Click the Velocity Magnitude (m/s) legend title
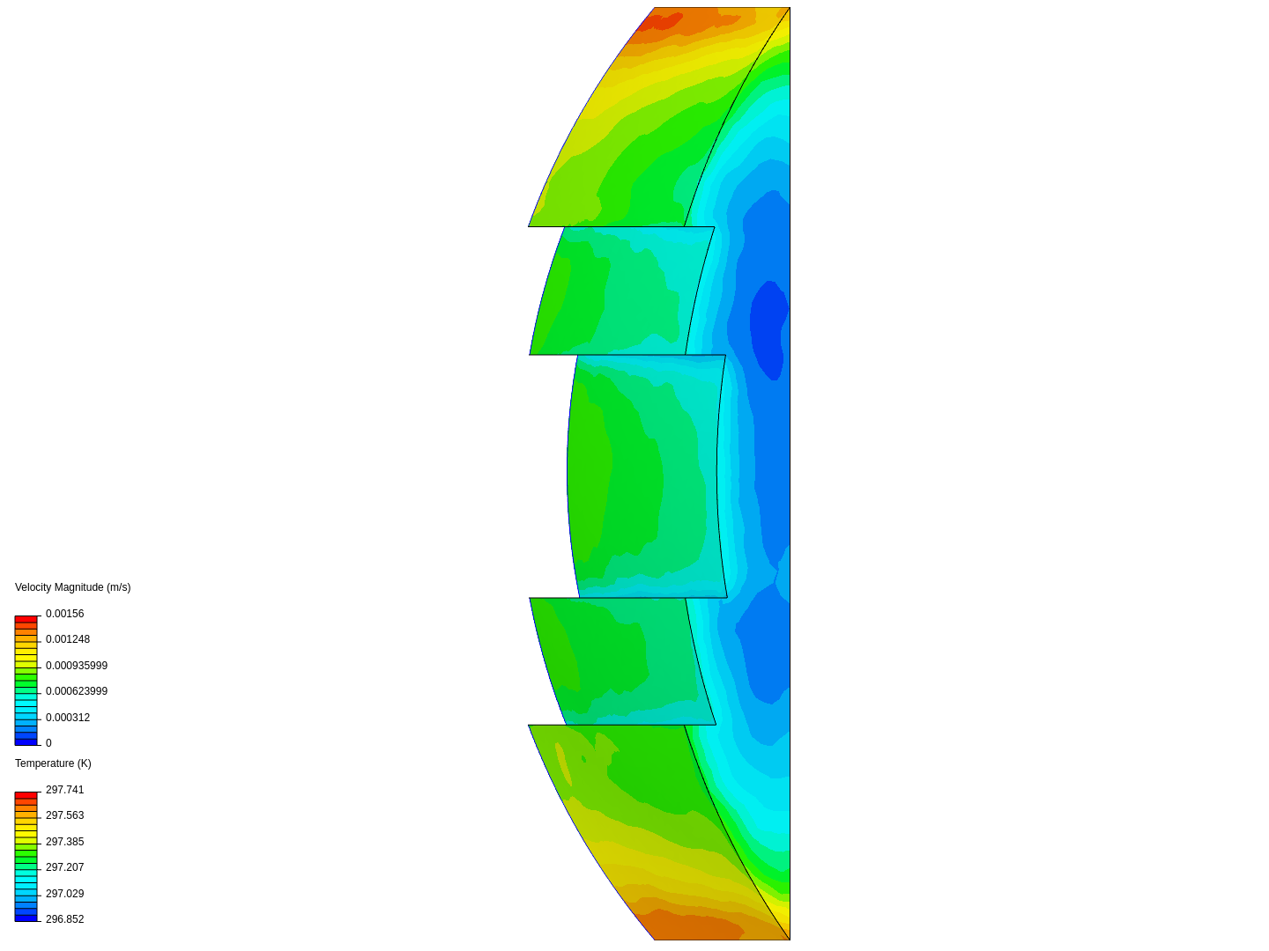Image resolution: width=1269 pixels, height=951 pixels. coord(73,587)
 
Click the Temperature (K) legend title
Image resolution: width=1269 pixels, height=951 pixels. coord(53,763)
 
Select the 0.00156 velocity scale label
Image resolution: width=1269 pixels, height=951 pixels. coord(64,614)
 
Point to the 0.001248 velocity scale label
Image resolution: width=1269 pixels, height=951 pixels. coord(68,639)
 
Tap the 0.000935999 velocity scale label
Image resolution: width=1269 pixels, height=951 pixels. coord(77,666)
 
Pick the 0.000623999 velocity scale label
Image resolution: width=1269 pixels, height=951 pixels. coord(77,691)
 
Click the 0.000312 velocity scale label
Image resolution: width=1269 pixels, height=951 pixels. coord(68,718)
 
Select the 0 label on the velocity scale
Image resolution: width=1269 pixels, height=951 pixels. coord(48,743)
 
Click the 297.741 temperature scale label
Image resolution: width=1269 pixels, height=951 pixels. coord(64,790)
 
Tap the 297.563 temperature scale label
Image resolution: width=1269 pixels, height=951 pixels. coord(64,815)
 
